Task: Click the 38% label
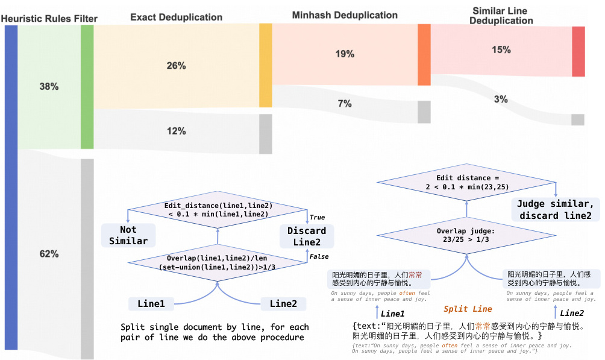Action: [49, 87]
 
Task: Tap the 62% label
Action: [49, 254]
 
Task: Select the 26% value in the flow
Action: [176, 66]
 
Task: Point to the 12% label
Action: [176, 131]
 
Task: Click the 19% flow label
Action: [345, 54]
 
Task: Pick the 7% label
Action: [345, 104]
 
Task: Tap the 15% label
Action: [501, 50]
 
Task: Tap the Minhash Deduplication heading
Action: [345, 14]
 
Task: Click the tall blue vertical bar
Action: [11, 187]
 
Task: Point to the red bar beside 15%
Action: [578, 51]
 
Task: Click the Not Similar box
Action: [128, 235]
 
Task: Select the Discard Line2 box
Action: [307, 236]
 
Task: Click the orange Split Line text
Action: [468, 309]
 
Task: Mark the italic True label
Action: [317, 217]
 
